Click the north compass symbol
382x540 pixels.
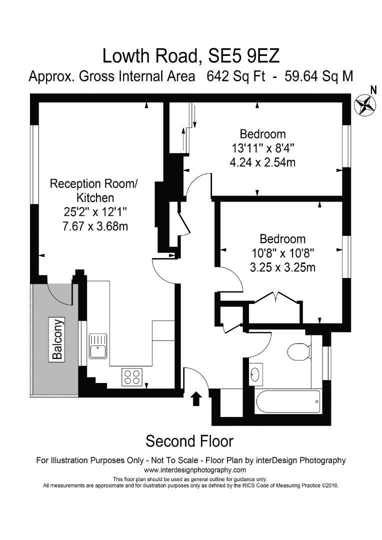(x=364, y=104)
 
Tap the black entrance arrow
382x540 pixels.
(x=196, y=398)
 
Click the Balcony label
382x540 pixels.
(x=57, y=339)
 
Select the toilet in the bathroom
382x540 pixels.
(x=300, y=350)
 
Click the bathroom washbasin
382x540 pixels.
(x=256, y=374)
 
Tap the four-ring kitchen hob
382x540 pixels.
(x=132, y=376)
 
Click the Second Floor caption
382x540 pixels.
(x=189, y=441)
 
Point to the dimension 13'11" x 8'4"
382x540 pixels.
(x=262, y=148)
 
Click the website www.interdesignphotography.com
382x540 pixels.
(x=195, y=470)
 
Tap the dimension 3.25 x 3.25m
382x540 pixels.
(x=282, y=267)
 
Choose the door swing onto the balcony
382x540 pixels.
(x=59, y=294)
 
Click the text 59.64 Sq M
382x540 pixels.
(x=318, y=76)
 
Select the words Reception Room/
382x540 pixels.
(x=93, y=183)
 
